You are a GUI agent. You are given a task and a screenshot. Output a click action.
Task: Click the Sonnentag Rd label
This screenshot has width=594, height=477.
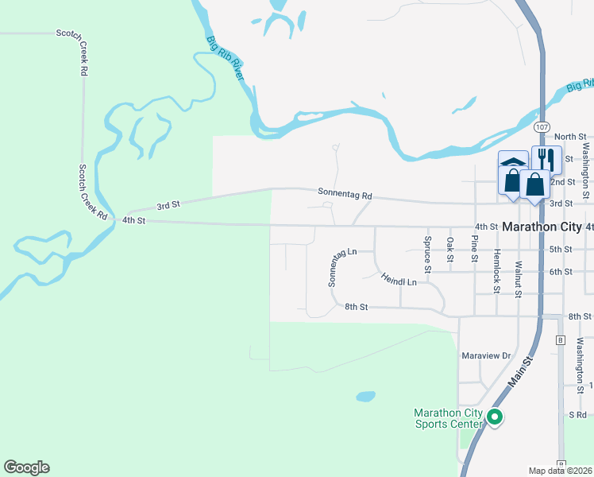pos(345,194)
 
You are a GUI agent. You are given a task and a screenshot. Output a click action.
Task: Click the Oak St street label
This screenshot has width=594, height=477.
pos(450,250)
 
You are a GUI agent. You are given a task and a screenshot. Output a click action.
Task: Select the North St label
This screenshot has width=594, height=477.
pos(569,137)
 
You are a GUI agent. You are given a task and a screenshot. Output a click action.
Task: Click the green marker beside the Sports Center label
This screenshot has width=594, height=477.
pos(495,417)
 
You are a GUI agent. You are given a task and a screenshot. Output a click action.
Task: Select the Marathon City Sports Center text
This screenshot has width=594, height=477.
pos(449,418)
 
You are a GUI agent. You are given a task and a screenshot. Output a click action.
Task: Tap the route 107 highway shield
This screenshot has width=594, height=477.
pos(542,127)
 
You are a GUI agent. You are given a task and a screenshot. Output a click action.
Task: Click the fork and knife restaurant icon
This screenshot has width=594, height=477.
pos(546,157)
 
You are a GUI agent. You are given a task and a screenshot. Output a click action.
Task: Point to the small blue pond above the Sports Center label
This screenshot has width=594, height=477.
pos(365,396)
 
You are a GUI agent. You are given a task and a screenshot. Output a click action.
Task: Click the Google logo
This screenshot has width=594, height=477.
pos(26,467)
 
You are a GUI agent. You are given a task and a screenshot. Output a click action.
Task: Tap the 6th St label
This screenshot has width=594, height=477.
pos(561,272)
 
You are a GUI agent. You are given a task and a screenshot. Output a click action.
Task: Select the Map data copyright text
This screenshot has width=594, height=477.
pos(561,471)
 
